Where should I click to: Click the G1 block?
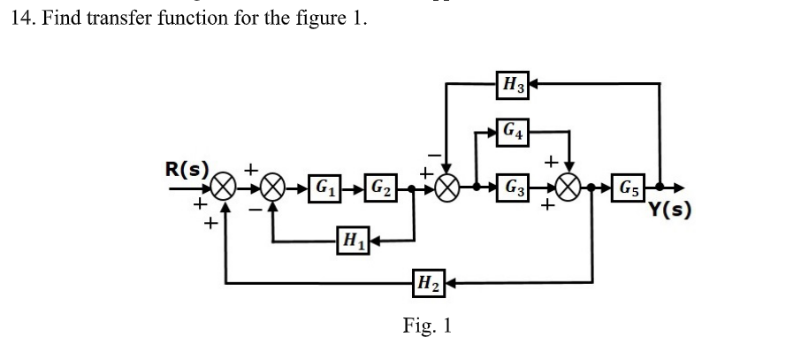325,188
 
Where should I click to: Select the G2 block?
382,188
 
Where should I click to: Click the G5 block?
630,188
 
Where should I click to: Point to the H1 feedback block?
353,239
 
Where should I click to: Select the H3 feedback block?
513,85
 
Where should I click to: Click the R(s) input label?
187,167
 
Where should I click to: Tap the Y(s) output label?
669,210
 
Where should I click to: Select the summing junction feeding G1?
274,188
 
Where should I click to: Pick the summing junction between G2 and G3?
448,188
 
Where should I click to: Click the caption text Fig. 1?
427,326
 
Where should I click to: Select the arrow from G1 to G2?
353,188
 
